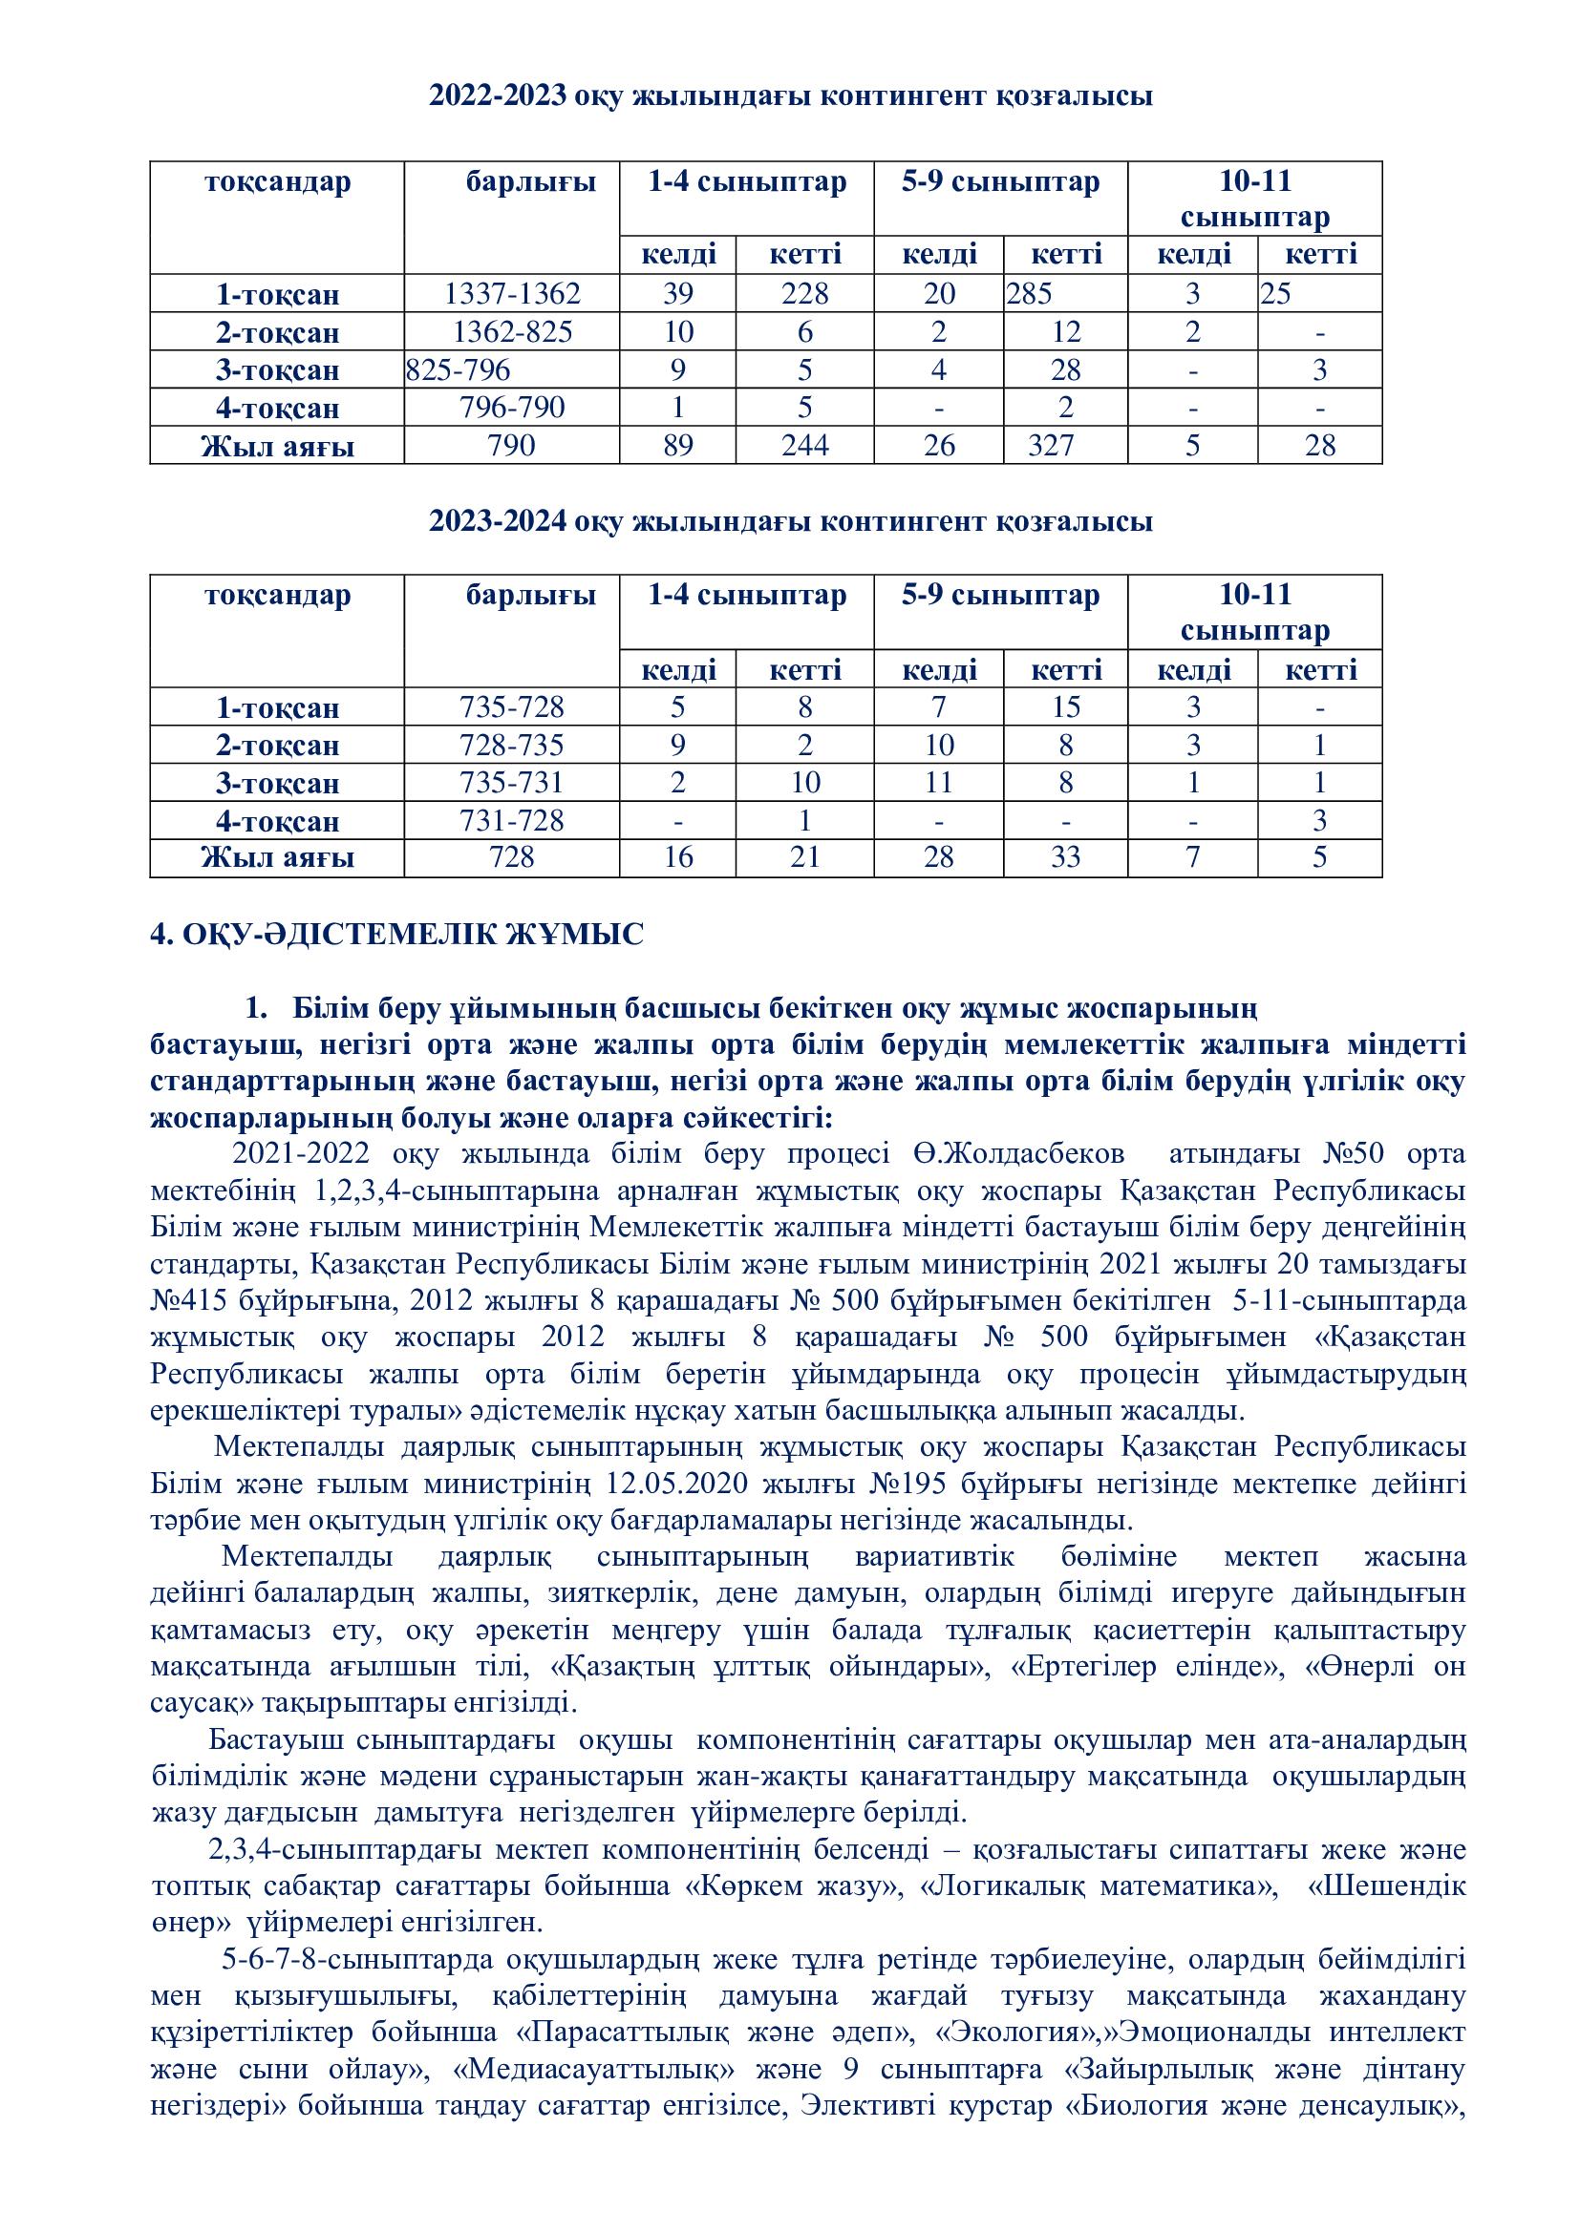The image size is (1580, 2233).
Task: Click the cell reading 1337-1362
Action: click(x=512, y=294)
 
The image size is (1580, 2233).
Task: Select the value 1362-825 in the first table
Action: click(x=513, y=332)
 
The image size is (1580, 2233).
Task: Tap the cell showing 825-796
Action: click(x=459, y=370)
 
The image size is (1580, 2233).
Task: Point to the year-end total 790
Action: click(x=512, y=446)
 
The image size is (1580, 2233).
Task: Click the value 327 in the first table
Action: click(x=1052, y=446)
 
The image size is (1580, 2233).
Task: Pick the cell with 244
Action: click(x=804, y=446)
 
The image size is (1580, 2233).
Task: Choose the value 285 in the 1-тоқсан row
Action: click(x=1030, y=294)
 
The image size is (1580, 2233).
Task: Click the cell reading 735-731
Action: click(x=512, y=783)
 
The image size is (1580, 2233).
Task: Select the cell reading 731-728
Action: click(x=512, y=821)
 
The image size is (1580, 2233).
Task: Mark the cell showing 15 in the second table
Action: click(x=1065, y=707)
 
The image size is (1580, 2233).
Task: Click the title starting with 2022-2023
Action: click(x=790, y=96)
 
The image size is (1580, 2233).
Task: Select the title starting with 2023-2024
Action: click(x=790, y=522)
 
